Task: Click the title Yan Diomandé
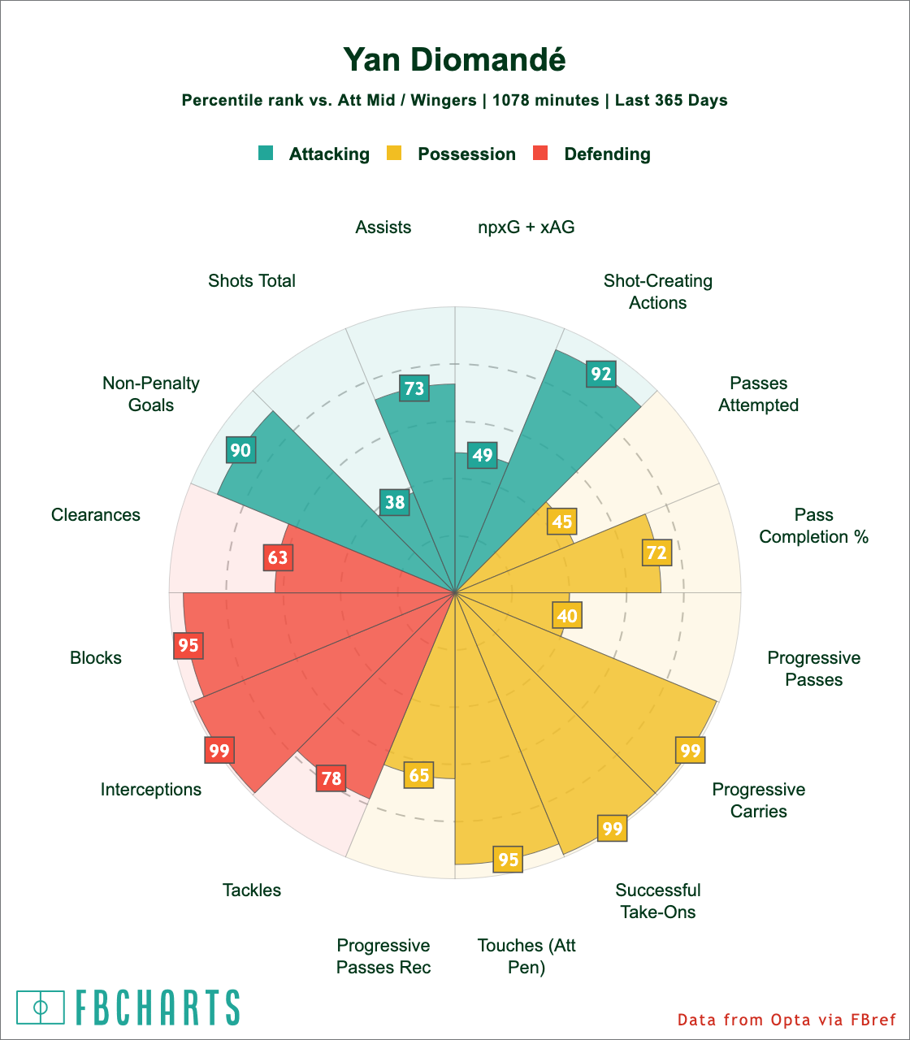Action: click(454, 59)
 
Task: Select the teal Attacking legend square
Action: click(266, 154)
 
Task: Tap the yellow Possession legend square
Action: click(395, 154)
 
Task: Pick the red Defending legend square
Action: click(541, 154)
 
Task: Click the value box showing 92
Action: click(601, 374)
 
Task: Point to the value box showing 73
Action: click(414, 388)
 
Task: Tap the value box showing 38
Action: click(395, 502)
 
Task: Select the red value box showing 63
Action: click(278, 557)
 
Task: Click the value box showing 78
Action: click(331, 778)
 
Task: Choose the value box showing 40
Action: click(567, 615)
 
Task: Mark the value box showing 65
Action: click(419, 775)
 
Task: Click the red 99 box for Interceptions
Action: click(219, 751)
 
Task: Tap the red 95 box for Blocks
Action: click(188, 645)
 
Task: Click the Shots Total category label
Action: click(252, 281)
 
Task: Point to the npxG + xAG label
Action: click(526, 227)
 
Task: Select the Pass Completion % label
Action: click(814, 526)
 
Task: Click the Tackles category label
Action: click(252, 890)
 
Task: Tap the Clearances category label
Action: click(96, 515)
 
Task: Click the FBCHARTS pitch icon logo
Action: click(41, 1007)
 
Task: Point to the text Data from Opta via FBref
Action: click(786, 1019)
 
